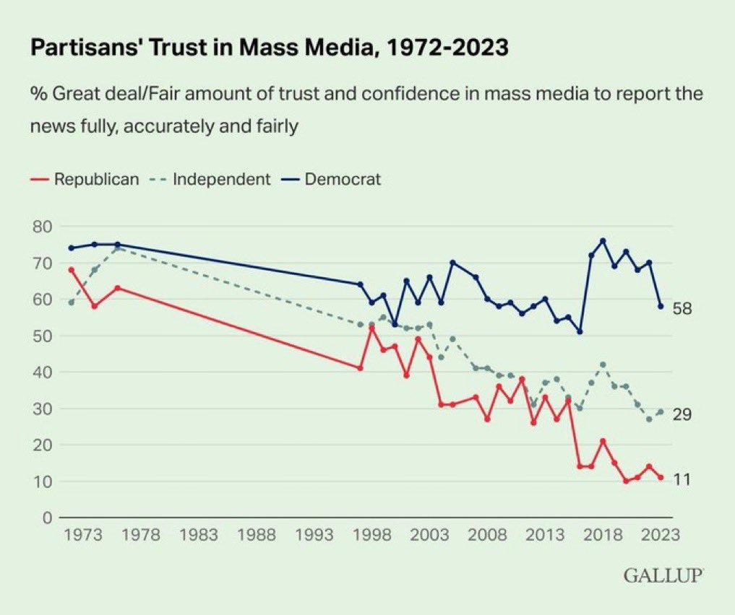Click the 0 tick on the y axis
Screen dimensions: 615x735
click(x=46, y=518)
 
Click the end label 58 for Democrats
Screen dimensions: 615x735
click(x=683, y=309)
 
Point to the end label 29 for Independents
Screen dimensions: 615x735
click(x=683, y=414)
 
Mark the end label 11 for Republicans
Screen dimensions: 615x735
click(x=682, y=479)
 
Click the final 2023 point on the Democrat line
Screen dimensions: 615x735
click(x=661, y=306)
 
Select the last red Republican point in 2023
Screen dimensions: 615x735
click(x=661, y=477)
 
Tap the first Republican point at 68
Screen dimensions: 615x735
click(x=71, y=270)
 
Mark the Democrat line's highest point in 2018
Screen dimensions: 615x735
click(x=603, y=240)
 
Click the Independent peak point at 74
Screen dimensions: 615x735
click(x=117, y=248)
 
